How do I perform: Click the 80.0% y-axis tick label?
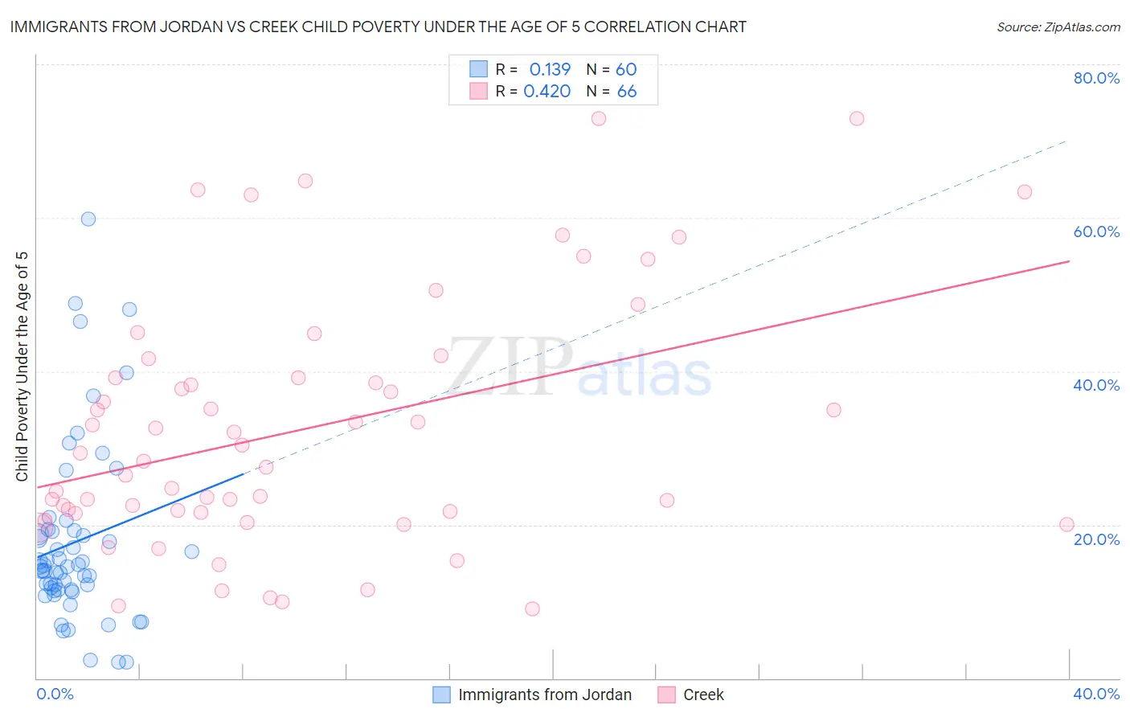(x=1096, y=78)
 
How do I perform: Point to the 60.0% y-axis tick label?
(x=1096, y=231)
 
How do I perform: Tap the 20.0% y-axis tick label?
(x=1096, y=539)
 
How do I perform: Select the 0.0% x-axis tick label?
(x=55, y=694)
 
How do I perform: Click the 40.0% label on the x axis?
(x=1096, y=694)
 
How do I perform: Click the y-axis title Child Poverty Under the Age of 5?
(x=22, y=367)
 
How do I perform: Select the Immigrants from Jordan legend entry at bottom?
(x=544, y=694)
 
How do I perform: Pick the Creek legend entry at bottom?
(x=702, y=694)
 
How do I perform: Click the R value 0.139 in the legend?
(x=550, y=70)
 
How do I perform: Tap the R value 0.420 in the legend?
(x=547, y=92)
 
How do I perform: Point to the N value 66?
(x=627, y=92)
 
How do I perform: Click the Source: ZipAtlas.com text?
(x=1058, y=27)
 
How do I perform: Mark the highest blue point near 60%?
(x=88, y=219)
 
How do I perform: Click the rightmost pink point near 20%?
(x=1067, y=524)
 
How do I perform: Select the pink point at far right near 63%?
(x=1024, y=192)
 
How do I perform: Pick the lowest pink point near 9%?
(x=532, y=608)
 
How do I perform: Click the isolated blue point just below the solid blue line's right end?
(x=192, y=551)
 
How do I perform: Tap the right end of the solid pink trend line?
(x=1069, y=261)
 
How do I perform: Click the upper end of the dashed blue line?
(x=1067, y=141)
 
